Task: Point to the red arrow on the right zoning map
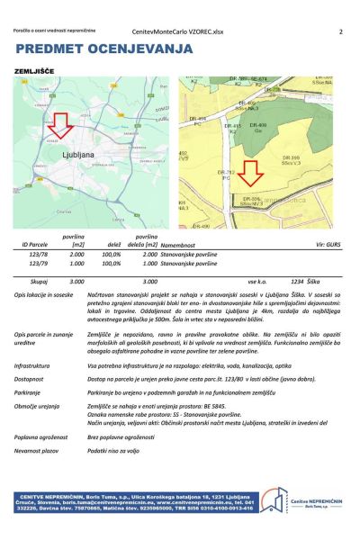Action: point(250,169)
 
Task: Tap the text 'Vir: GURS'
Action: point(328,244)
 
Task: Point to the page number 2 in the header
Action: point(341,31)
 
